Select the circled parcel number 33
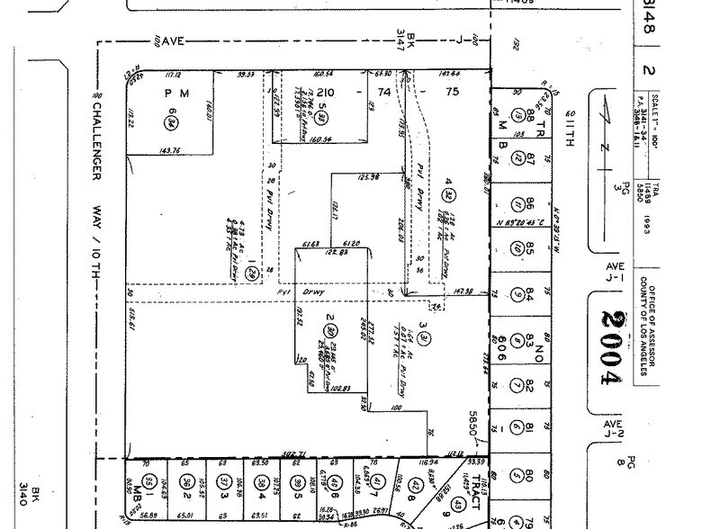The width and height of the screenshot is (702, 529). [322, 116]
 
